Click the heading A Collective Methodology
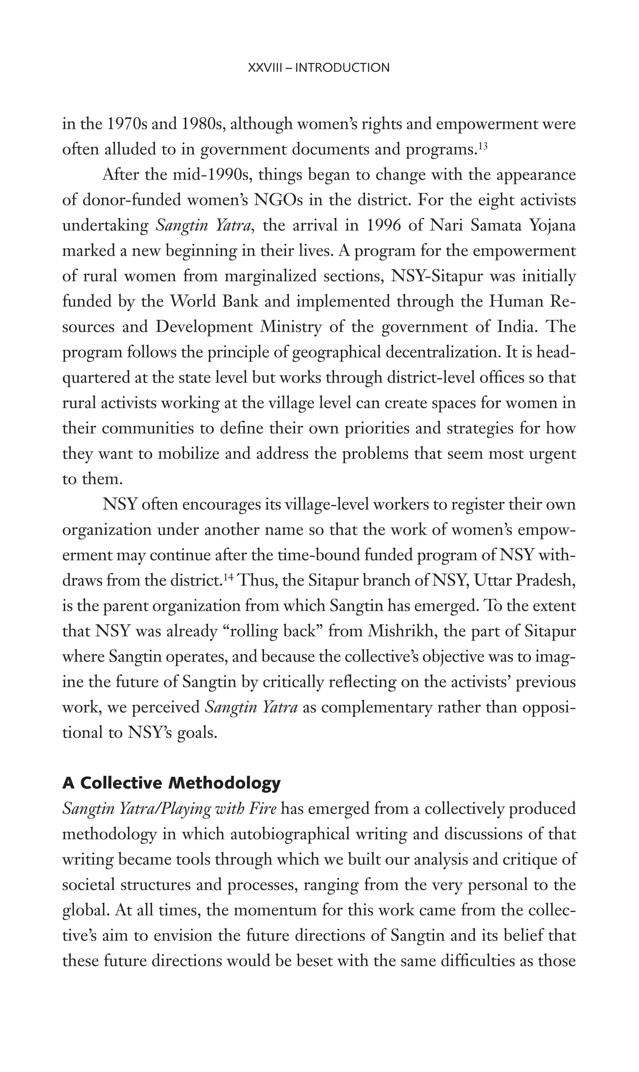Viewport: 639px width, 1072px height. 171,783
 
